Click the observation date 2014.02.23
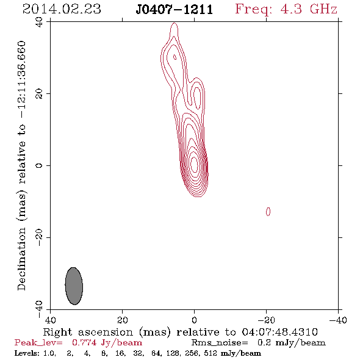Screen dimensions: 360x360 click(x=62, y=9)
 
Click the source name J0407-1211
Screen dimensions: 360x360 click(x=175, y=10)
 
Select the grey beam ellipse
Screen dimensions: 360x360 click(x=74, y=286)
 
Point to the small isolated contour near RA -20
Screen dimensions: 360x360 click(x=268, y=212)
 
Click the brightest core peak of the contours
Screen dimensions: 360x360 click(x=194, y=164)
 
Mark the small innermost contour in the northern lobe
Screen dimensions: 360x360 click(x=175, y=57)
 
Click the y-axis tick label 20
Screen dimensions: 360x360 click(x=39, y=94)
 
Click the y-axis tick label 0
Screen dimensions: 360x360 click(x=39, y=165)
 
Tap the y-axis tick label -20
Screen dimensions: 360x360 click(x=39, y=237)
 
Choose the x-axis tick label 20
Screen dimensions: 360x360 click(x=123, y=320)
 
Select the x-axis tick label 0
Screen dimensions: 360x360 click(x=194, y=320)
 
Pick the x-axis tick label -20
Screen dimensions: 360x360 click(x=266, y=320)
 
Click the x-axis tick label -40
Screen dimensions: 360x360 click(x=338, y=320)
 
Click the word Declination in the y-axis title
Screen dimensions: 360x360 click(x=21, y=259)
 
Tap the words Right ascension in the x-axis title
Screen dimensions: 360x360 click(x=88, y=332)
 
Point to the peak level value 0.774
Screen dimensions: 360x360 click(x=84, y=343)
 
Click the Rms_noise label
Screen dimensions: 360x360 click(x=220, y=343)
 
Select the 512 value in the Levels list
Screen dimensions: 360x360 click(x=211, y=353)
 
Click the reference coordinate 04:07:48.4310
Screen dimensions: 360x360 click(x=279, y=332)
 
